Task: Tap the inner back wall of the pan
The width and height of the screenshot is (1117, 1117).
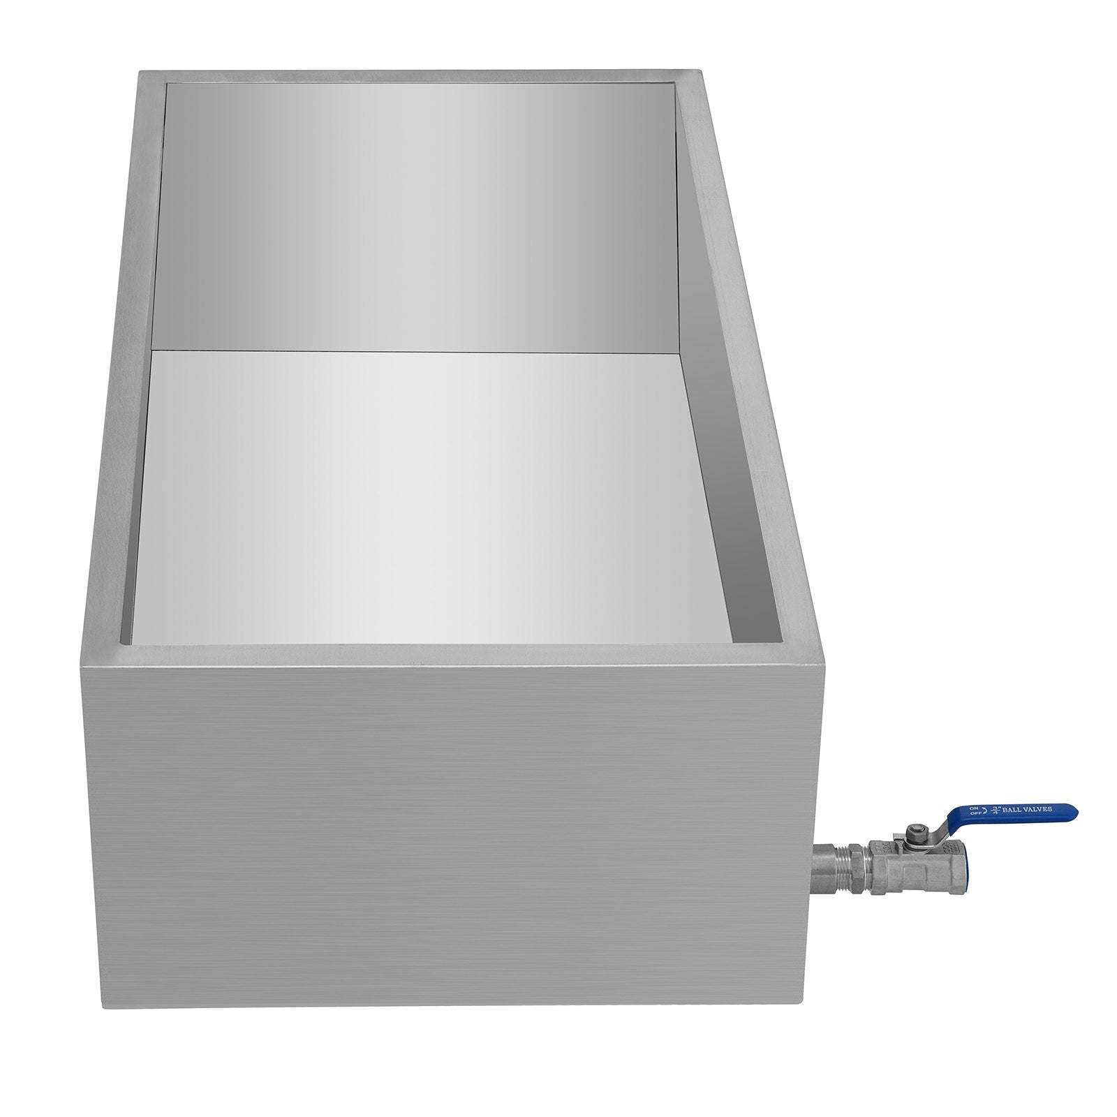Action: click(419, 209)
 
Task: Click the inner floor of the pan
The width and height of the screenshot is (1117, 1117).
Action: click(433, 489)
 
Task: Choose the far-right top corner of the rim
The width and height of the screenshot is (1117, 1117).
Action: click(700, 71)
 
